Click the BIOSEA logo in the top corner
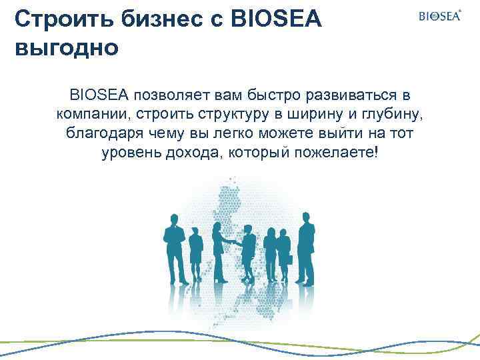point(439,16)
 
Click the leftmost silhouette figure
point(174,247)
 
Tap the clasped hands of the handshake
point(233,241)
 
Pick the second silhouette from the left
point(195,253)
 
